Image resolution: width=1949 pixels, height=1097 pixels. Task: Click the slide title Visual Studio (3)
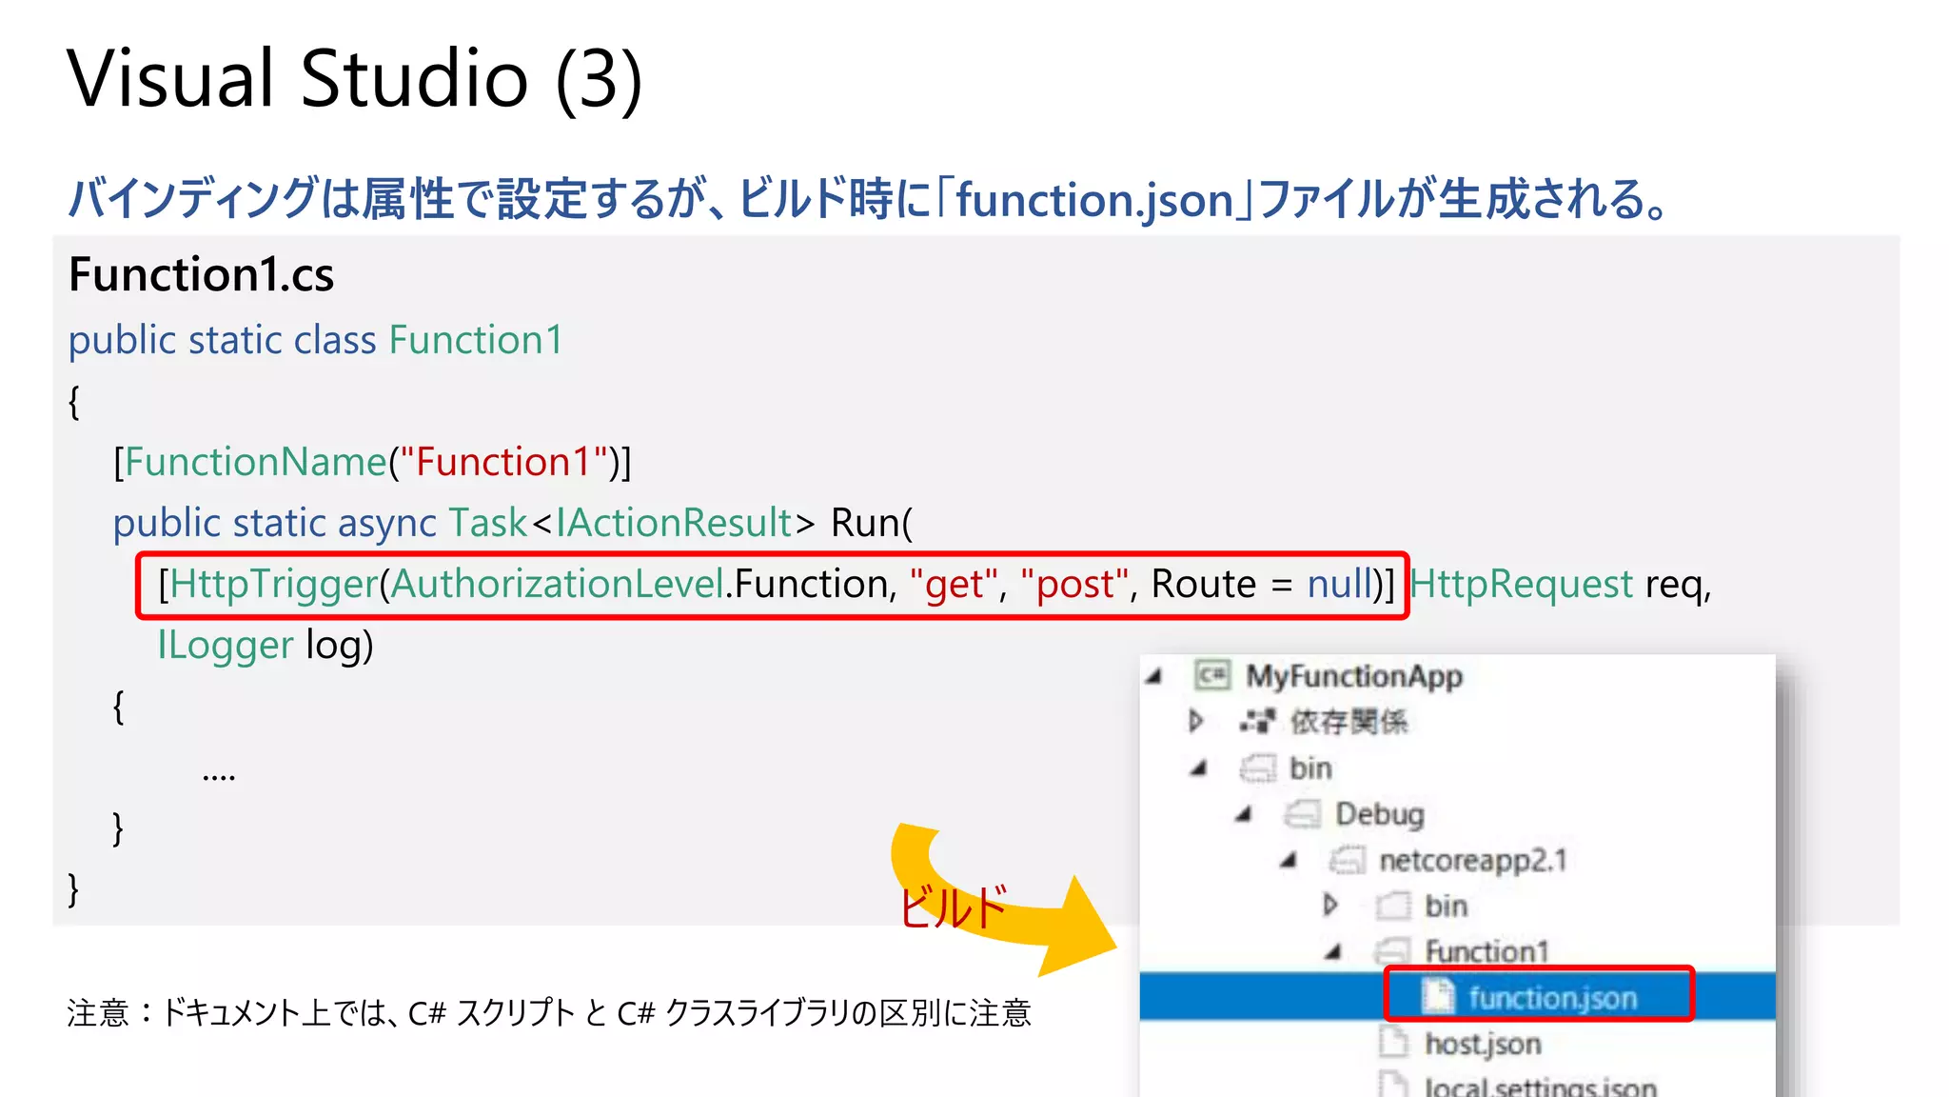[354, 80]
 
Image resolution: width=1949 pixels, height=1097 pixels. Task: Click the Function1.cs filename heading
[202, 275]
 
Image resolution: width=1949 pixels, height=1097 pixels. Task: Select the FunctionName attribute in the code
[255, 463]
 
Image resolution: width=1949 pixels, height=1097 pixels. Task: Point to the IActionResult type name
[674, 524]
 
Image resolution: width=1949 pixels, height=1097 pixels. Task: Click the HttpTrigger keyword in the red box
[274, 585]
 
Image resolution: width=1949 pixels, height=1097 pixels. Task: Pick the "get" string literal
[954, 585]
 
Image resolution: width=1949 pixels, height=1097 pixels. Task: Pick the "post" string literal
[1073, 585]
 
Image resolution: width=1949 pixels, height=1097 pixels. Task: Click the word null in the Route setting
[1338, 585]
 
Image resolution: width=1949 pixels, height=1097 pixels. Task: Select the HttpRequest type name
[1521, 585]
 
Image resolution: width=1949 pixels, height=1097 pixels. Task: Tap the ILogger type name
[226, 646]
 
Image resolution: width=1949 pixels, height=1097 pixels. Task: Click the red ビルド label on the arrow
[952, 907]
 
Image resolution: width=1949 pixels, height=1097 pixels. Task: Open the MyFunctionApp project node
[1353, 677]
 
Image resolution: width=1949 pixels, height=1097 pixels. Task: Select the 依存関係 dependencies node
[1348, 723]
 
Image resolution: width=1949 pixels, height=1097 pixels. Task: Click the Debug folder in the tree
[1379, 814]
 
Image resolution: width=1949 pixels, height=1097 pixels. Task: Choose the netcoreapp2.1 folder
[1471, 861]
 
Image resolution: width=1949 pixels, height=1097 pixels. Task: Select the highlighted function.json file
[1551, 998]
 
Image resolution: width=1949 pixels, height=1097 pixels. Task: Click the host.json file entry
[1482, 1044]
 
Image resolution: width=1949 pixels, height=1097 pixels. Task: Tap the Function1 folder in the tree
[1486, 951]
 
